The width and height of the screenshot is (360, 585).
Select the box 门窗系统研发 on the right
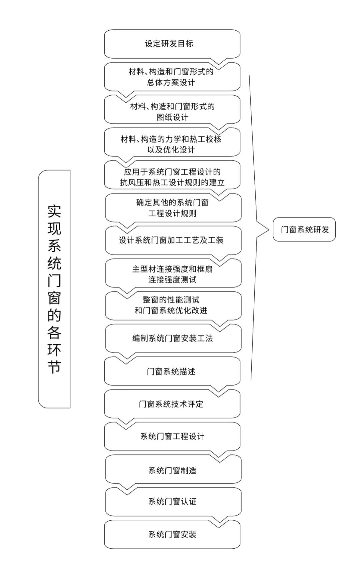click(304, 230)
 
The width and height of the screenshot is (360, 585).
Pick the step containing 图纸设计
click(172, 112)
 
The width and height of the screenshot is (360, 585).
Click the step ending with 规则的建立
click(172, 177)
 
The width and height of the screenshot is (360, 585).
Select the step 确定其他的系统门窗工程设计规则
click(173, 208)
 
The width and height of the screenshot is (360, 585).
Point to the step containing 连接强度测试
click(173, 274)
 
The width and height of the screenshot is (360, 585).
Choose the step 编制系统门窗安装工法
click(173, 338)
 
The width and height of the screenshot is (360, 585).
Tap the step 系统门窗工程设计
click(172, 436)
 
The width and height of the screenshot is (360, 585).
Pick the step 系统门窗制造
click(173, 470)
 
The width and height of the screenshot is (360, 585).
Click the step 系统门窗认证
click(173, 501)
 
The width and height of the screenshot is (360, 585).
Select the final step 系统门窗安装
click(172, 534)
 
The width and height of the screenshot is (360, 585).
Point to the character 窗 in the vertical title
click(54, 298)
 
